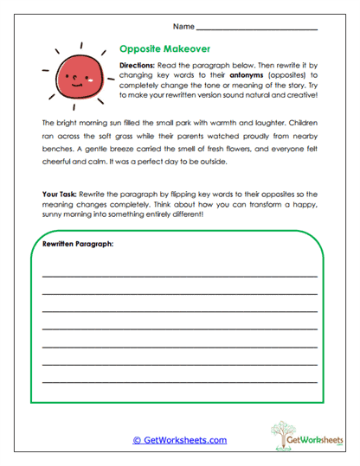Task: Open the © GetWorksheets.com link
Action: pyautogui.click(x=180, y=440)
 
